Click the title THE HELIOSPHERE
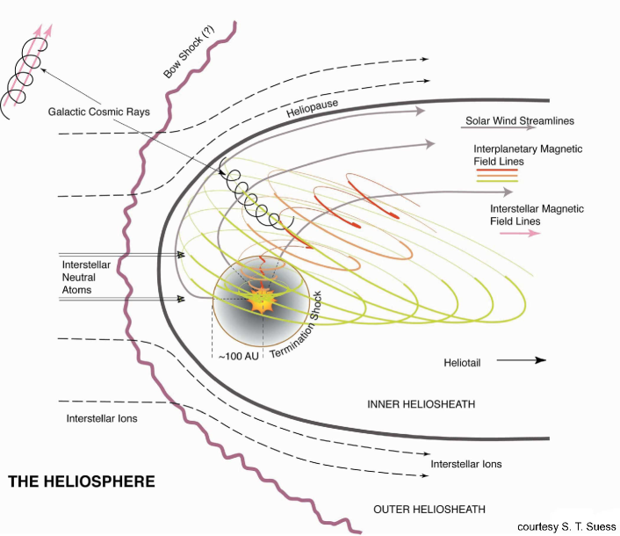point(81,482)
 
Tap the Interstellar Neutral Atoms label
point(88,276)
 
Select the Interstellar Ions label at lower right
point(466,463)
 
